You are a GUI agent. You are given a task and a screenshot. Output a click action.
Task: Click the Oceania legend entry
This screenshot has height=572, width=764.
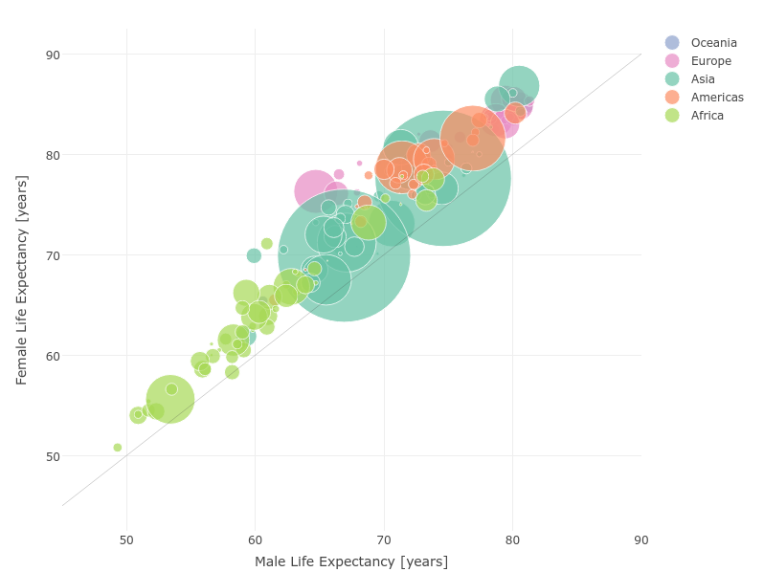pos(702,43)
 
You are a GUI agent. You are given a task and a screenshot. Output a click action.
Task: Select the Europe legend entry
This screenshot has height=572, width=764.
pos(700,61)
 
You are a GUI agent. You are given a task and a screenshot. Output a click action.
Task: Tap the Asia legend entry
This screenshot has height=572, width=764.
pos(696,79)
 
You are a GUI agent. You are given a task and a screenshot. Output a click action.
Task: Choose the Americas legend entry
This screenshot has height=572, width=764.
pos(708,98)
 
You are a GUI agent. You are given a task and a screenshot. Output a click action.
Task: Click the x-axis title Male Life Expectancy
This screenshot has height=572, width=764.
pos(351,561)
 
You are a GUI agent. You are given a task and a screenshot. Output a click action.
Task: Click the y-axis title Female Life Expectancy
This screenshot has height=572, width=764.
pos(22,279)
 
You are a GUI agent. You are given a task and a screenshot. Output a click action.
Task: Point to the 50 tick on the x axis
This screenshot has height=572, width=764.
pos(126,540)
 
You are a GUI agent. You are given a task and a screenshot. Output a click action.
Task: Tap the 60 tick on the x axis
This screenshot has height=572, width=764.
pos(255,540)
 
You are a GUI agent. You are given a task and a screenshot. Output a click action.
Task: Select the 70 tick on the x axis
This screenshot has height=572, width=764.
pos(384,540)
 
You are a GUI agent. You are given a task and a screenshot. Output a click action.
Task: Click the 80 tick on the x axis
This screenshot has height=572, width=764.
pos(512,540)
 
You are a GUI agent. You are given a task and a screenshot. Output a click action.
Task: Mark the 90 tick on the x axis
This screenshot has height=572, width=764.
pos(640,540)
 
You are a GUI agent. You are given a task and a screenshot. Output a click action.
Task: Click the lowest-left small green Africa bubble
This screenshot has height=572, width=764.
pos(118,448)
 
